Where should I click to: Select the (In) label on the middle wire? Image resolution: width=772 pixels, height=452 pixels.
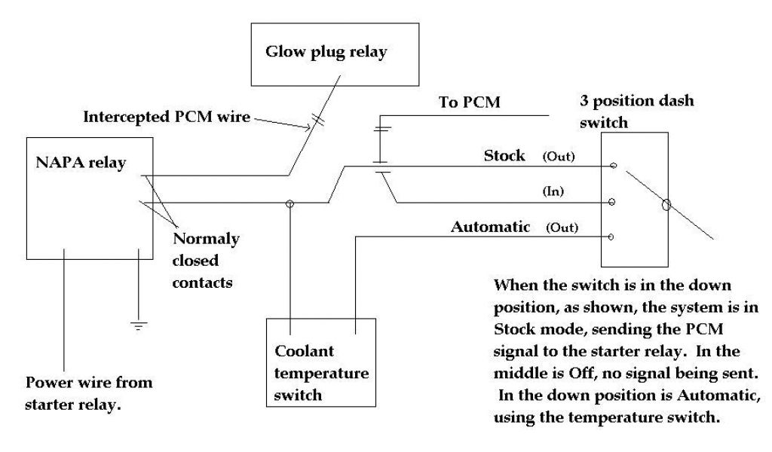tap(554, 192)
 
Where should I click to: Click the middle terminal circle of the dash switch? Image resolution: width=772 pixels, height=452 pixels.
tap(611, 202)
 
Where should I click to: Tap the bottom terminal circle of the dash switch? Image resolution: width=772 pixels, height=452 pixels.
tap(611, 237)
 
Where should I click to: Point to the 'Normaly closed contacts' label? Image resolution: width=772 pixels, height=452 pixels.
tap(205, 261)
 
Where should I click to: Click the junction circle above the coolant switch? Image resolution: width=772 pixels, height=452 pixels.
tap(289, 203)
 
